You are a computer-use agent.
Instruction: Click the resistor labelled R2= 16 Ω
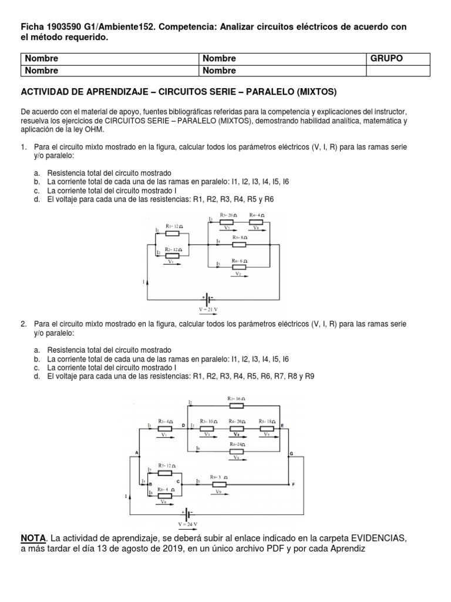click(236, 405)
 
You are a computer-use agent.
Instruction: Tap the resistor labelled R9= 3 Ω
click(219, 484)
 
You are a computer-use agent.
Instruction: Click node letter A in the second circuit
click(137, 453)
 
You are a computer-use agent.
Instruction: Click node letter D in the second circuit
click(183, 424)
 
